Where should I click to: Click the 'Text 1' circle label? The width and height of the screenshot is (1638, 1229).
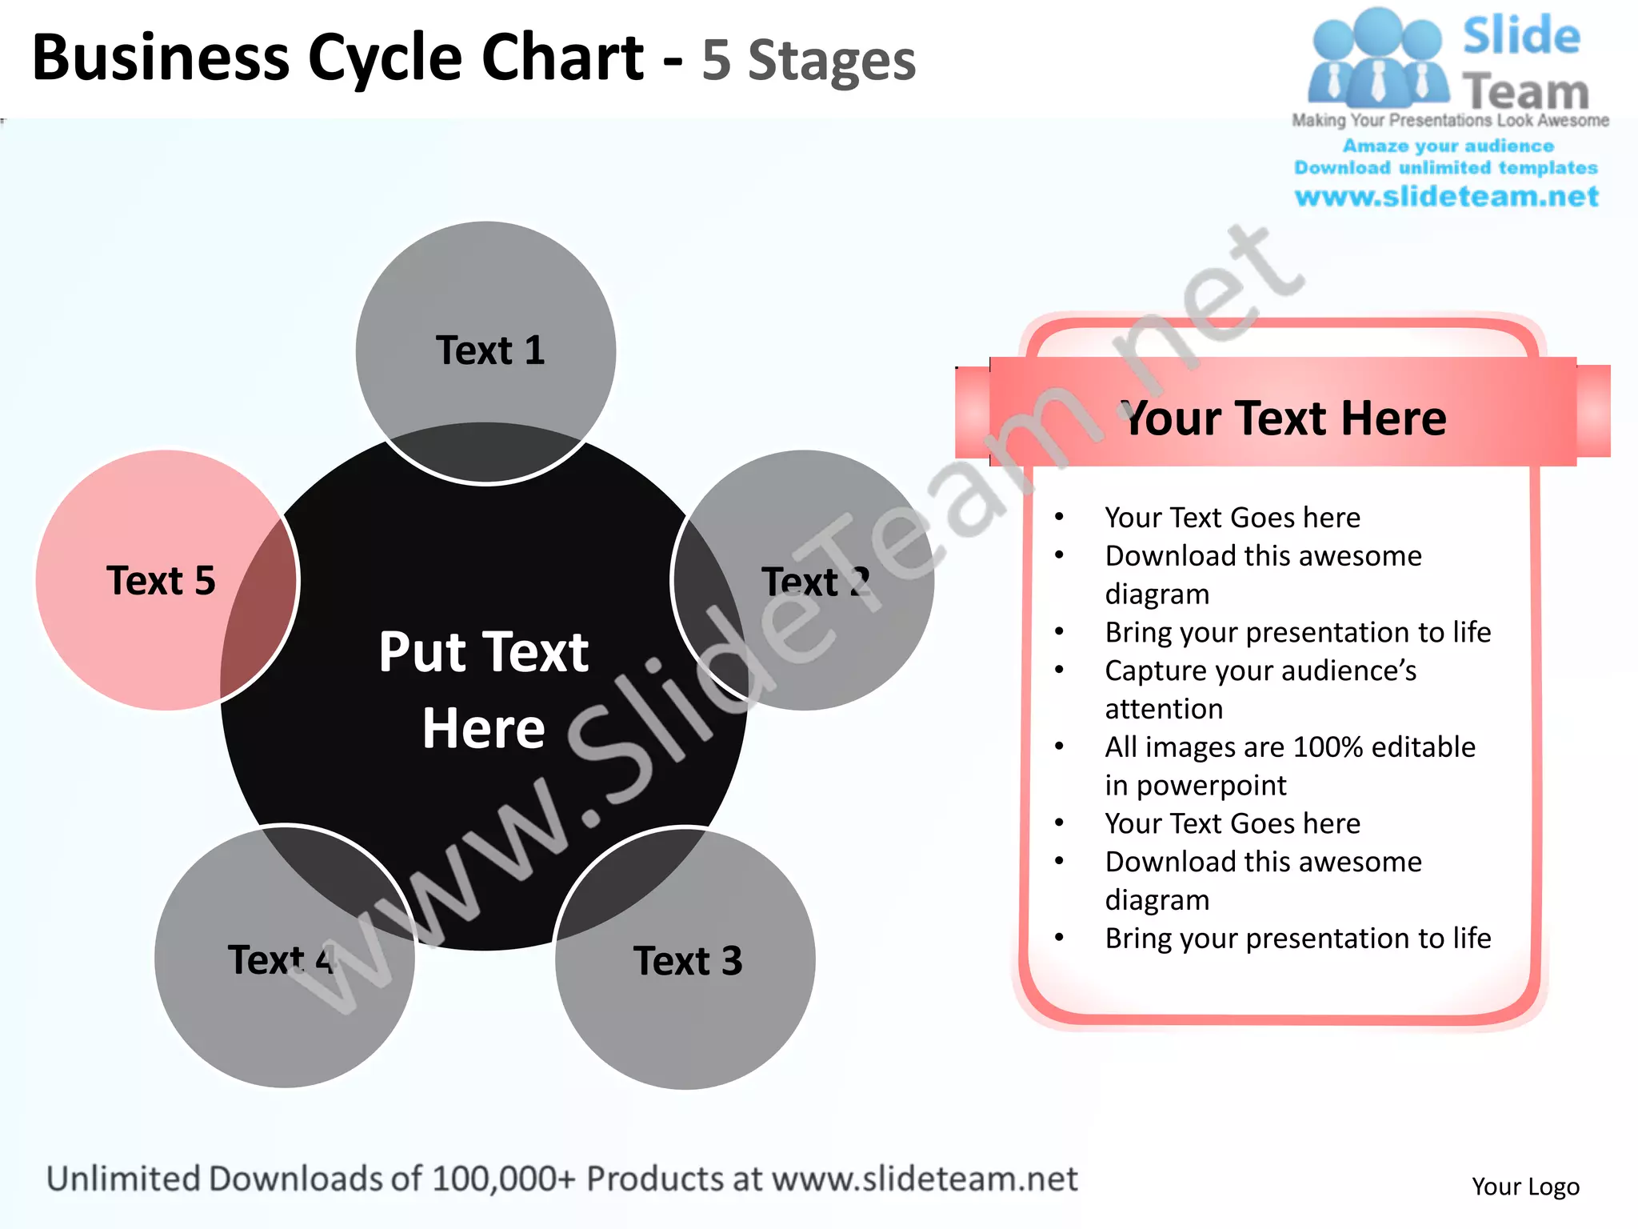click(489, 350)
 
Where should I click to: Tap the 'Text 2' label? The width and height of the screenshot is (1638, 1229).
click(815, 582)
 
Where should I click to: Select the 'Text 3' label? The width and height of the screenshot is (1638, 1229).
click(688, 960)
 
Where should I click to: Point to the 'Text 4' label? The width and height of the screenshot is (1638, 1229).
click(280, 959)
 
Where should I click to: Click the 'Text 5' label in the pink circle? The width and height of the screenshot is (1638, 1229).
click(161, 580)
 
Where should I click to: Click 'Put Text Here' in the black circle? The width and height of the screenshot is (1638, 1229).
click(484, 689)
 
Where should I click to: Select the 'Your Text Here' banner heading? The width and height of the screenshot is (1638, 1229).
click(1284, 418)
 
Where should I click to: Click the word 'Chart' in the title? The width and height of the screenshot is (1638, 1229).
click(562, 58)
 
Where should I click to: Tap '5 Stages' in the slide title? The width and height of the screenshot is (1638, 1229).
click(808, 61)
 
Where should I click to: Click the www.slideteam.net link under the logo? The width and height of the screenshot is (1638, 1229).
click(1446, 196)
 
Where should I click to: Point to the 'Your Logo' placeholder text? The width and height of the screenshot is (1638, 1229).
click(1525, 1186)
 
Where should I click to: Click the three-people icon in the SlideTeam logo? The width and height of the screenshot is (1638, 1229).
click(1377, 60)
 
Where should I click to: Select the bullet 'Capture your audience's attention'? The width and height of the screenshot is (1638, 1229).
click(1260, 689)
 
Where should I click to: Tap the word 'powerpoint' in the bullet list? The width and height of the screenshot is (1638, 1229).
click(1211, 785)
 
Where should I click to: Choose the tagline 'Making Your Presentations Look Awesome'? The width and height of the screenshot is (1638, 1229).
click(1450, 120)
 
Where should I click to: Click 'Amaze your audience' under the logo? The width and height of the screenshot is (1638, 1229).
click(1448, 146)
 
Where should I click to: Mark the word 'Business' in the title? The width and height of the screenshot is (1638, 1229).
click(160, 58)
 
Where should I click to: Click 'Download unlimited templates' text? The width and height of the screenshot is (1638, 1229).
click(1446, 167)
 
